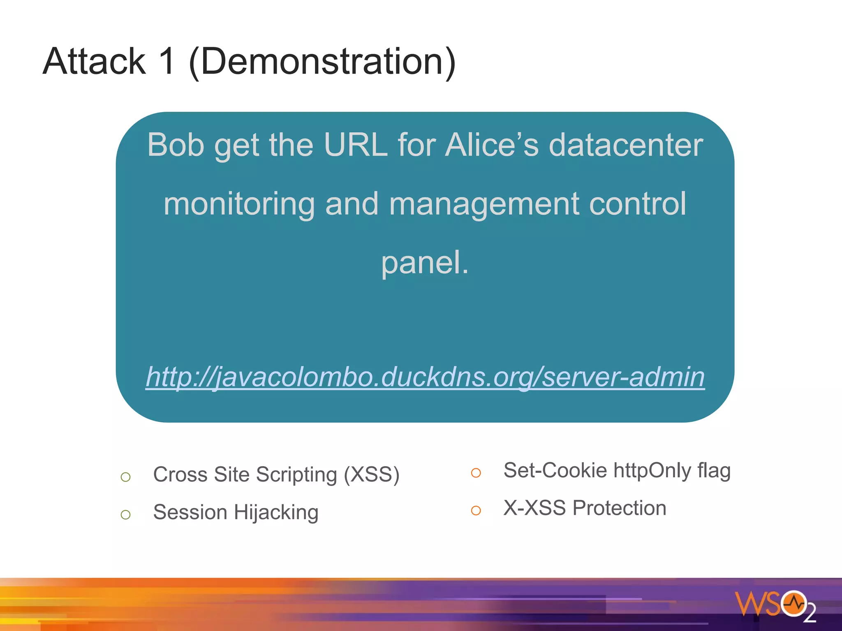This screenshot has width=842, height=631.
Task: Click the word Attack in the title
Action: pyautogui.click(x=94, y=61)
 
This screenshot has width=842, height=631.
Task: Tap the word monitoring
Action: pyautogui.click(x=239, y=204)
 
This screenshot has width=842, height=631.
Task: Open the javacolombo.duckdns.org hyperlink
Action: pyautogui.click(x=425, y=377)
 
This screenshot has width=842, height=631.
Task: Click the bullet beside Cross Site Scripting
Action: pyautogui.click(x=126, y=477)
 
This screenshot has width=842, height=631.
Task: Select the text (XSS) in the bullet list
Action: pyautogui.click(x=372, y=474)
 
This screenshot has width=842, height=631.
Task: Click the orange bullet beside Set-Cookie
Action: pyautogui.click(x=476, y=473)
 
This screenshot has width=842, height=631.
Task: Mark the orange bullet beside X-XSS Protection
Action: pyautogui.click(x=476, y=511)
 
